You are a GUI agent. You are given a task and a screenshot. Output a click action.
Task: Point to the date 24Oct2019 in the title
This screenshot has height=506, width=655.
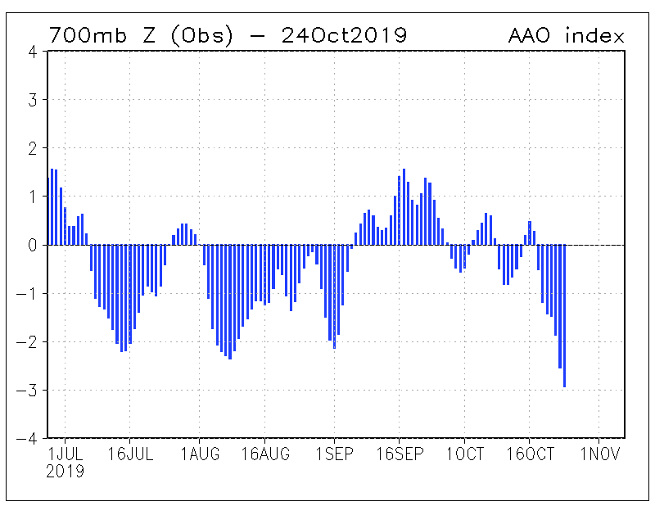[344, 35]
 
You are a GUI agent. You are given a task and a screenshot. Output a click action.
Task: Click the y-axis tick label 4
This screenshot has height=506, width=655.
[32, 52]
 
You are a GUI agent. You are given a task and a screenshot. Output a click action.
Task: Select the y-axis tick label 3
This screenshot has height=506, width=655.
[32, 100]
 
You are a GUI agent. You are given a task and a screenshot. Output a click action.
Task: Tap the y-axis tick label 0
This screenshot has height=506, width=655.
[32, 245]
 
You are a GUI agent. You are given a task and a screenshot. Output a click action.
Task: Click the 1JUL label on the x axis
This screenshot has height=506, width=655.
[65, 455]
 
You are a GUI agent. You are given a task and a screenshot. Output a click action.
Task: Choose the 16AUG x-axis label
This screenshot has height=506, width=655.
[265, 455]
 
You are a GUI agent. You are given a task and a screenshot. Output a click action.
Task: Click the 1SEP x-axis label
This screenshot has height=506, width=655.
[334, 455]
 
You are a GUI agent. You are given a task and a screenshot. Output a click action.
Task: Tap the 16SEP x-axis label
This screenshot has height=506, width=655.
[399, 455]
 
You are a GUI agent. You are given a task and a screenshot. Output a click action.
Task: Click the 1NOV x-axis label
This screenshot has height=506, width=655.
[600, 455]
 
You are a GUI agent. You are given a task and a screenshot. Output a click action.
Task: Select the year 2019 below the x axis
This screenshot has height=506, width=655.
[65, 472]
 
